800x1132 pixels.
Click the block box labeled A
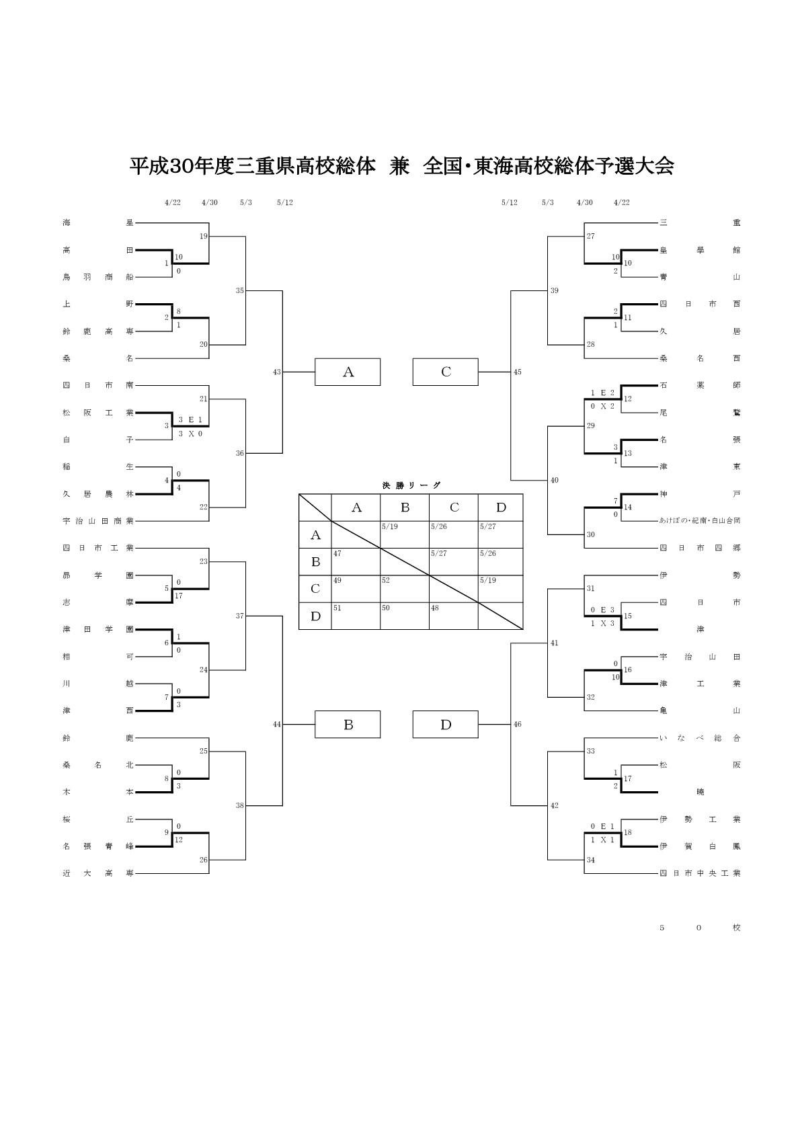pyautogui.click(x=348, y=372)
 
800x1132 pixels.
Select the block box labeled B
pyautogui.click(x=348, y=725)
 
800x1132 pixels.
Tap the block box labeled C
pyautogui.click(x=445, y=372)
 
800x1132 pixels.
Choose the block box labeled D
pyautogui.click(x=445, y=725)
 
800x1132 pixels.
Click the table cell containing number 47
pyautogui.click(x=356, y=562)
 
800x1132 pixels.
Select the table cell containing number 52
pyautogui.click(x=405, y=589)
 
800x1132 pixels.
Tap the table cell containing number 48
pyautogui.click(x=454, y=616)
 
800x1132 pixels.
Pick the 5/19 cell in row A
pyautogui.click(x=405, y=534)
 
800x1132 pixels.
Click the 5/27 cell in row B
pyautogui.click(x=454, y=562)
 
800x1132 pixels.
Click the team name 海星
pyautogui.click(x=98, y=223)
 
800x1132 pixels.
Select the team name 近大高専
pyautogui.click(x=98, y=873)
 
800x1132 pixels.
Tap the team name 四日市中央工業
pyautogui.click(x=700, y=873)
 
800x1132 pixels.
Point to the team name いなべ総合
pyautogui.click(x=700, y=738)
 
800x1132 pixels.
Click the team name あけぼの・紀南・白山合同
pyautogui.click(x=700, y=521)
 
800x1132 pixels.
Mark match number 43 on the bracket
pyautogui.click(x=277, y=372)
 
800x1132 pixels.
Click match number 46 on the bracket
pyautogui.click(x=517, y=725)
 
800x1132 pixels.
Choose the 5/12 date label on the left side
pyautogui.click(x=284, y=202)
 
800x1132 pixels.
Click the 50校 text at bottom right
pyautogui.click(x=700, y=928)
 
